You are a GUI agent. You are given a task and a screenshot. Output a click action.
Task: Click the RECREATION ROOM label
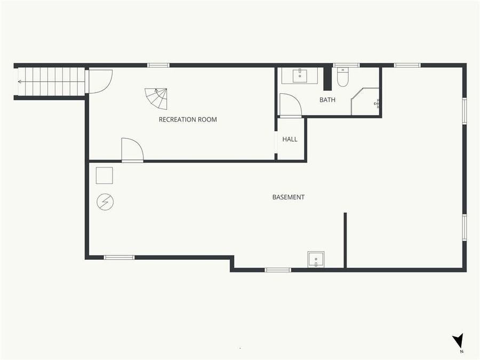tap(188, 119)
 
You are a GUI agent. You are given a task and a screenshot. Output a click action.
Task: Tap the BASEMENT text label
tap(289, 197)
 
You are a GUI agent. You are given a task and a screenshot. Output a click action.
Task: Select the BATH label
tap(327, 100)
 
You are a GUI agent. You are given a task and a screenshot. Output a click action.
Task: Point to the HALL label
tap(290, 139)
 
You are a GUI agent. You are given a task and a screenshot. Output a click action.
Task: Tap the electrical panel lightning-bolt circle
tap(105, 202)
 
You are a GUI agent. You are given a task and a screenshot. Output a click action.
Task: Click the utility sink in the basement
tap(316, 260)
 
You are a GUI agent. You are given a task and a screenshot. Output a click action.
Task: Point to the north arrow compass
tap(458, 342)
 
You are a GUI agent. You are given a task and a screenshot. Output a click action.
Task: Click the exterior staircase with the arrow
tap(51, 82)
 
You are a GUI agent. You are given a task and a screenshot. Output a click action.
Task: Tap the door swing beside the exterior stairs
tap(99, 81)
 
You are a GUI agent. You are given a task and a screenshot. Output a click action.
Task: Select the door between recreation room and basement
tap(132, 150)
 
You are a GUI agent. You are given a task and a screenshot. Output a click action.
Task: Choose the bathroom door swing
tap(290, 105)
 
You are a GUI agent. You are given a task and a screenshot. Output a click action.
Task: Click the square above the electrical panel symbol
tap(105, 175)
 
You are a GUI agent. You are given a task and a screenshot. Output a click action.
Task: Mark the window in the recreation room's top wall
tap(158, 66)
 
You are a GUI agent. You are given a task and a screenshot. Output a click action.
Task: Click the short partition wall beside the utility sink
tap(345, 240)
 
